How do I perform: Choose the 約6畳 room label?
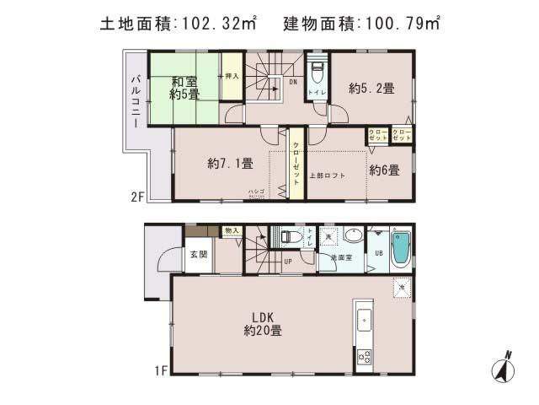[384, 170]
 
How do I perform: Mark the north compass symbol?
[504, 367]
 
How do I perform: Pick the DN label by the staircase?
[292, 82]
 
